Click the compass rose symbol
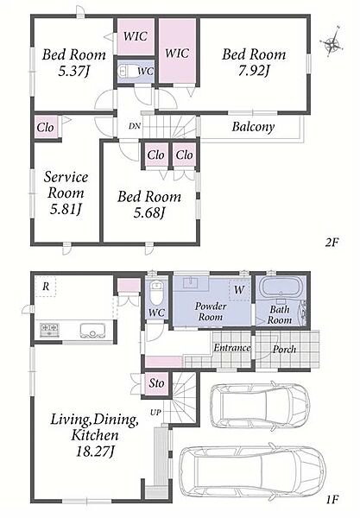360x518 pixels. pyautogui.click(x=332, y=41)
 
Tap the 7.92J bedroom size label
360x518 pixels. pyautogui.click(x=255, y=72)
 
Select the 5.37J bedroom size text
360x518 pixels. pyautogui.click(x=74, y=72)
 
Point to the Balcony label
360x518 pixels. pyautogui.click(x=253, y=127)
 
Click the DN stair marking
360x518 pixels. pyautogui.click(x=135, y=126)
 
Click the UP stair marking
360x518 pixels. pyautogui.click(x=155, y=413)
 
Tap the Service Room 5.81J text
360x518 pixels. pyautogui.click(x=66, y=193)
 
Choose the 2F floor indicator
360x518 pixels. pyautogui.click(x=332, y=243)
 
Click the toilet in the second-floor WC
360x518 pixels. pyautogui.click(x=125, y=71)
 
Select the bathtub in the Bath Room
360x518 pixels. pyautogui.click(x=280, y=287)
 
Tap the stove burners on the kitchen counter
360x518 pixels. pyautogui.click(x=49, y=330)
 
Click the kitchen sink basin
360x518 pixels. pyautogui.click(x=92, y=331)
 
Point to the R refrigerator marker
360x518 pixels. pyautogui.click(x=46, y=287)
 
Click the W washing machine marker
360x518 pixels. pyautogui.click(x=239, y=290)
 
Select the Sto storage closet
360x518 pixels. pyautogui.click(x=156, y=383)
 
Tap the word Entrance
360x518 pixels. pyautogui.click(x=232, y=348)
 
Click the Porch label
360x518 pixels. pyautogui.click(x=284, y=349)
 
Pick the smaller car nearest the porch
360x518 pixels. pyautogui.click(x=260, y=405)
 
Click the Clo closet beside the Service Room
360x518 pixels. pyautogui.click(x=47, y=127)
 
